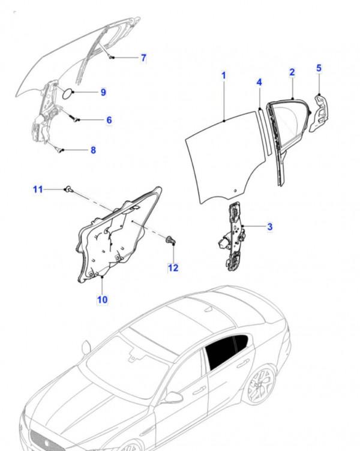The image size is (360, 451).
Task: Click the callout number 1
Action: coord(224,76)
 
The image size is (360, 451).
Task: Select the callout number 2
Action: coord(292,72)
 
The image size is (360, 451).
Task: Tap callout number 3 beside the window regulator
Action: coord(269,227)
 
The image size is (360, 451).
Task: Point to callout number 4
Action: coord(259,83)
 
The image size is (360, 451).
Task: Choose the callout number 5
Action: coord(319,68)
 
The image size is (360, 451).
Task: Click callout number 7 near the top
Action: coord(143,58)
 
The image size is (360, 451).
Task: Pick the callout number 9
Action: coord(103,92)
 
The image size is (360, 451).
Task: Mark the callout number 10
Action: coord(102,300)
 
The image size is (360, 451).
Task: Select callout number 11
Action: coord(38,190)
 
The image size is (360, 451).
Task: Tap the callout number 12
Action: coord(173,268)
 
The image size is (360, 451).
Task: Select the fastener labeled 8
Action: coord(59,149)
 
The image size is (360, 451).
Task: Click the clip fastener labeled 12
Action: coord(170,240)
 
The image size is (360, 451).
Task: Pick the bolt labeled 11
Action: coord(68,189)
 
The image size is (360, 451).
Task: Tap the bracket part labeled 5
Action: coord(319,113)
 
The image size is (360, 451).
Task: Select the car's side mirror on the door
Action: coord(173,397)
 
